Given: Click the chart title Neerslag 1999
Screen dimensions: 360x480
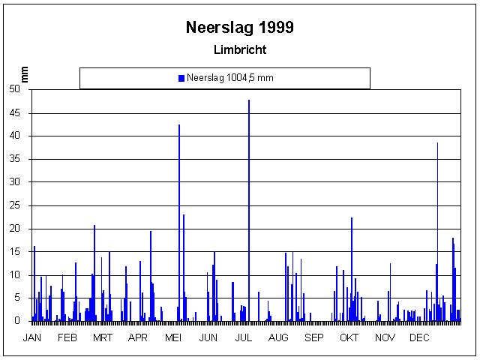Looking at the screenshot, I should point(239,28).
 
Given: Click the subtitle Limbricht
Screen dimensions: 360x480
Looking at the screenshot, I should point(239,50).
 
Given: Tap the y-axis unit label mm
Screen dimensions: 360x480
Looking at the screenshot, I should point(24,73).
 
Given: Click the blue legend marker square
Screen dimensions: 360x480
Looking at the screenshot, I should point(181,78).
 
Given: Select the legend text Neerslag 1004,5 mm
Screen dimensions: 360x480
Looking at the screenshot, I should point(229,78).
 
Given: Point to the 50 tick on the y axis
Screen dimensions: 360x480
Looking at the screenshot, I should point(15,89).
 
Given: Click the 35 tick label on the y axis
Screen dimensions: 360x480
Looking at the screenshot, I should point(15,159).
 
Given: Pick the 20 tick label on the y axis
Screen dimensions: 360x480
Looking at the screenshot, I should point(15,229).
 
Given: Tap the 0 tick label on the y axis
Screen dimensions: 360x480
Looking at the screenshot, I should point(18,321).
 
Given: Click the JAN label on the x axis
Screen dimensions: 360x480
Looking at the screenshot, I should point(32,337).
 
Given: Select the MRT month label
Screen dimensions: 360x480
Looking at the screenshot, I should point(103,337).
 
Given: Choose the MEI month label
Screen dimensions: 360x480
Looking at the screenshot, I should point(173,337).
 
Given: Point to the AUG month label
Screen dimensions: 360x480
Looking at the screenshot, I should point(278,337).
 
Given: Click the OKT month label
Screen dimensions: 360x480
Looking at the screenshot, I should point(349,337).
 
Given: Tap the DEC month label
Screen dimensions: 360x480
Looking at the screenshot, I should point(418,337).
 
